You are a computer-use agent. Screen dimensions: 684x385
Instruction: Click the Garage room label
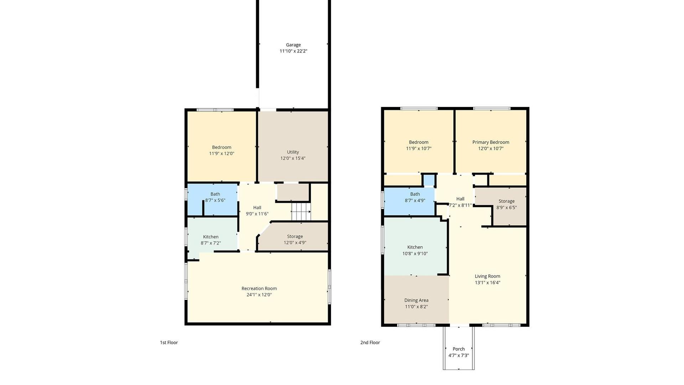293,45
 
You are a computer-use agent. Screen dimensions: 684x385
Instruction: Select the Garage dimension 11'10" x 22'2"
293,51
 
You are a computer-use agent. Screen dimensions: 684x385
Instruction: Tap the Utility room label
293,152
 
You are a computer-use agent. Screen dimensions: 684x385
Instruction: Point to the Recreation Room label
259,288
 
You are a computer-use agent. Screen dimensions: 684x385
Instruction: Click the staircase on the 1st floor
301,211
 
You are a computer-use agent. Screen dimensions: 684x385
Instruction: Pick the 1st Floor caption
169,343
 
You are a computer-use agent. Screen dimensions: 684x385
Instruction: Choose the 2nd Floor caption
370,343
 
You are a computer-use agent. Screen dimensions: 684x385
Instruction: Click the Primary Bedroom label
491,142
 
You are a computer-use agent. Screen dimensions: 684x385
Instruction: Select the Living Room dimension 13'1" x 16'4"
487,283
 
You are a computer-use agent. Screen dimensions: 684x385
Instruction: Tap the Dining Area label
416,300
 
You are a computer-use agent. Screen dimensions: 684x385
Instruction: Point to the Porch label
459,349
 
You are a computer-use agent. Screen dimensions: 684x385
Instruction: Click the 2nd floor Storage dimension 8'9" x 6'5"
507,207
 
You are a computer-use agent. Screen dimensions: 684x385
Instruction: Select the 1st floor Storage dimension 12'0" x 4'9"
295,243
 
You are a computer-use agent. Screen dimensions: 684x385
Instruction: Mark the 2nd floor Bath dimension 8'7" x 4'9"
415,200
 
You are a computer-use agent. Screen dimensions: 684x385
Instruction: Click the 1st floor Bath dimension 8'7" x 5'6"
215,200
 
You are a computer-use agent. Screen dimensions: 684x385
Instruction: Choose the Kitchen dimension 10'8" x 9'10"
415,253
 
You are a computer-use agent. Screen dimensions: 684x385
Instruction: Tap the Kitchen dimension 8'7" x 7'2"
211,243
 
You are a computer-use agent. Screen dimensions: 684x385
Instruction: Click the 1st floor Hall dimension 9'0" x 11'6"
257,214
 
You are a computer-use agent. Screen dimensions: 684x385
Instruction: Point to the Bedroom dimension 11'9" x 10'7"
419,148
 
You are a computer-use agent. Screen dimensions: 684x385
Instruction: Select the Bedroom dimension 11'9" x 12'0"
222,154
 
